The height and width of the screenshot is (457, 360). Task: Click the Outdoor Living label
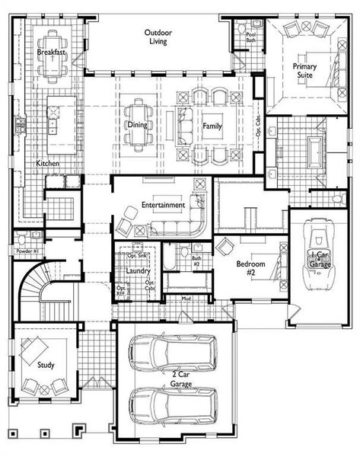158,37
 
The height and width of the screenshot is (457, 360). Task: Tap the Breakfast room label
50,53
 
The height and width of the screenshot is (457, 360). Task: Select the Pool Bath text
250,37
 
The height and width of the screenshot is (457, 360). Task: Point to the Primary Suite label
305,72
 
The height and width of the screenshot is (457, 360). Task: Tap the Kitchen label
47,164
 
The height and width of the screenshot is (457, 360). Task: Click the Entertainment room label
163,206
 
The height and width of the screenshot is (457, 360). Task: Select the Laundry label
137,270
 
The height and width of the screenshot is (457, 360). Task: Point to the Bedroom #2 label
250,268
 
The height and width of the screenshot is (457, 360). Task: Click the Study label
46,365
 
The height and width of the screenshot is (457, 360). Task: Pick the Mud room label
186,298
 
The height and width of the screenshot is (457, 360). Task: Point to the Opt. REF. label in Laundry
121,291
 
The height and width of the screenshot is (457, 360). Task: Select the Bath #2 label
196,260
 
